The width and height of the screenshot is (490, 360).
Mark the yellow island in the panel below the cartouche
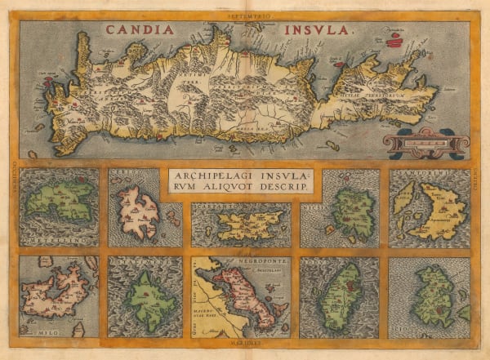pyautogui.click(x=244, y=221)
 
